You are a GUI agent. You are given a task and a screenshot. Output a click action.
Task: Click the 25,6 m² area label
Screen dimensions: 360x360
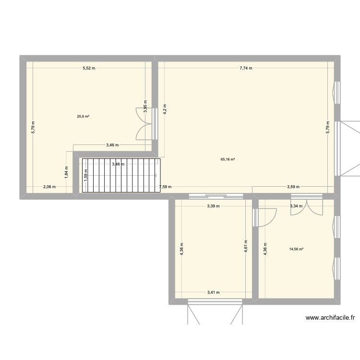click(83, 116)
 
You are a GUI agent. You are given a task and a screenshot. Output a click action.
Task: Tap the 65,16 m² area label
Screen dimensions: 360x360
click(228, 159)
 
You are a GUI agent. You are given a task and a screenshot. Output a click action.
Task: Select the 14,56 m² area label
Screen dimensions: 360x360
click(296, 249)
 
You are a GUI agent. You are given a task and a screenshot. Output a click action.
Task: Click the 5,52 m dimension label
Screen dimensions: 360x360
click(88, 68)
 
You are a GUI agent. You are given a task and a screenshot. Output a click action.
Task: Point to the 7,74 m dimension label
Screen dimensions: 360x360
click(246, 68)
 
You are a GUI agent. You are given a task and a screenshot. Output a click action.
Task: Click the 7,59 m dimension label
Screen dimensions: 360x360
click(165, 187)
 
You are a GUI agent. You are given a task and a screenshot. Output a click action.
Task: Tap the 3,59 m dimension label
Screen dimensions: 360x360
click(293, 187)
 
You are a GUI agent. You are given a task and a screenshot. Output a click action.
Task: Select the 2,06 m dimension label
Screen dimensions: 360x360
click(49, 187)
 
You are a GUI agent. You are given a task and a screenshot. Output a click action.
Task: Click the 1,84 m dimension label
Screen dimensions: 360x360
click(67, 171)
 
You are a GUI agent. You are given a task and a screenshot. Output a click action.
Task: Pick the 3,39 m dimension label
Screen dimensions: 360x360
click(213, 206)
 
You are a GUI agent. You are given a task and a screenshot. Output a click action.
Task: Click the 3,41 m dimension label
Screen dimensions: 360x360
click(213, 292)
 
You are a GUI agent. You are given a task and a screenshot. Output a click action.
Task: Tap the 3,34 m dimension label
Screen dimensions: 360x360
click(296, 206)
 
